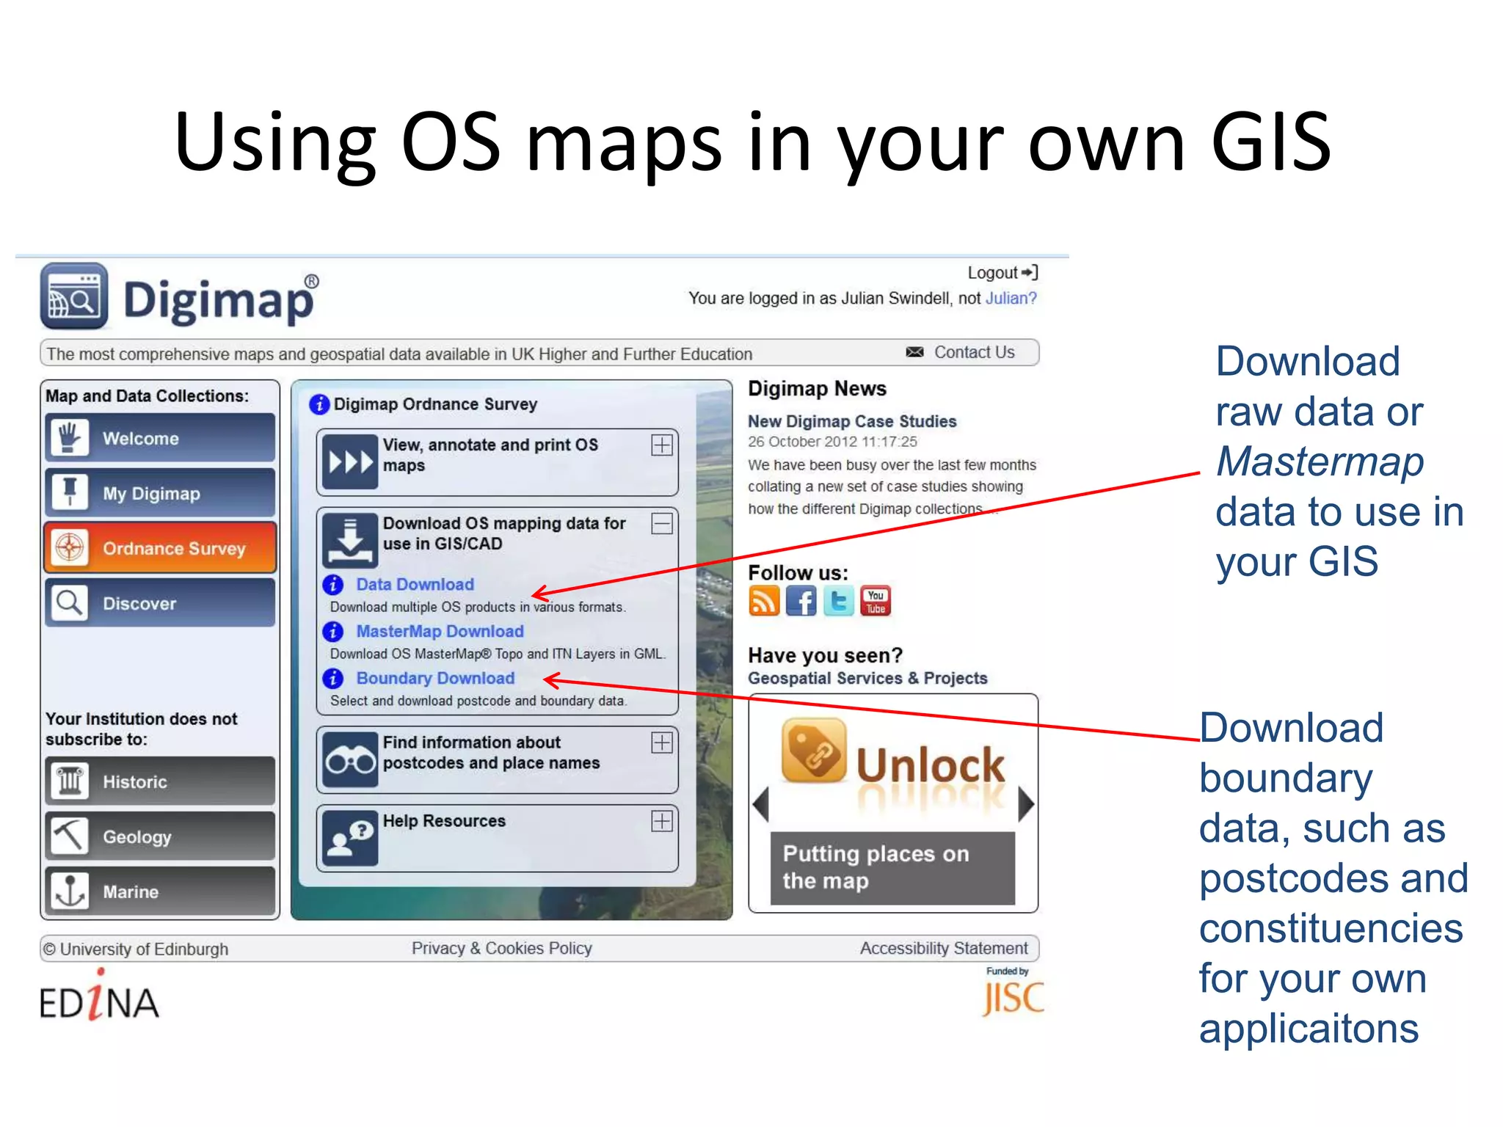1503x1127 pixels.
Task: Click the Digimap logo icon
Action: tap(74, 296)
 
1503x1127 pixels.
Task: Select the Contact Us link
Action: tap(973, 352)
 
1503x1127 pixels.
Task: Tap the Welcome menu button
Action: tap(160, 438)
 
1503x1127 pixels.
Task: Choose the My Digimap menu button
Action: tap(160, 493)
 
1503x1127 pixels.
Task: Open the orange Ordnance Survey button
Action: tap(160, 548)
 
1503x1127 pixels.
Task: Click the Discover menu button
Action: tap(160, 603)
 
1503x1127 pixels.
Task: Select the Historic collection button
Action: tap(160, 781)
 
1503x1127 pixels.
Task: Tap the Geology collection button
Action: tap(160, 836)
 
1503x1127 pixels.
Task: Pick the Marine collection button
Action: tap(160, 891)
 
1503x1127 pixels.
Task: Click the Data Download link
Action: tap(415, 584)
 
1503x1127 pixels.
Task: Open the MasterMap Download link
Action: tap(440, 631)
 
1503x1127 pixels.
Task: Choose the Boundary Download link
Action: tap(435, 678)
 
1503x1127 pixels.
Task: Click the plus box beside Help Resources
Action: tap(662, 821)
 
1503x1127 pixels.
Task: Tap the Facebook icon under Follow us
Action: tap(801, 601)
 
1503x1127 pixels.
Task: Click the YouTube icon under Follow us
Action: tap(876, 601)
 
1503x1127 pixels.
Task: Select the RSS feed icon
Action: tap(763, 601)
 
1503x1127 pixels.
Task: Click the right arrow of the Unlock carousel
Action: tap(1026, 804)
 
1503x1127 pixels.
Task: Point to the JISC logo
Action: tap(1013, 994)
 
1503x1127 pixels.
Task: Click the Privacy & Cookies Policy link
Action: tap(501, 948)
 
